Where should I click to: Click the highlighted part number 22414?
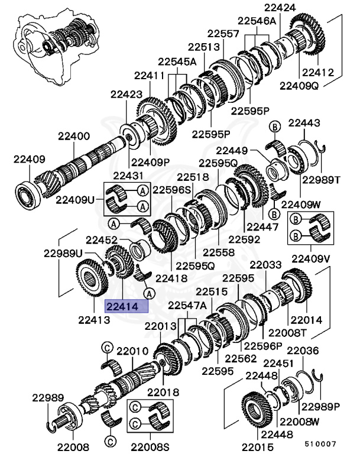pos(125,306)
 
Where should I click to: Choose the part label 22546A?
pos(257,21)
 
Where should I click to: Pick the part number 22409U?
pos(75,199)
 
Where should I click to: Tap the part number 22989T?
pos(322,180)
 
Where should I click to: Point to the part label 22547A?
pos(187,305)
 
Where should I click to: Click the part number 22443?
pos(304,123)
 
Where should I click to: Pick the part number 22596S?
pos(172,190)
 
